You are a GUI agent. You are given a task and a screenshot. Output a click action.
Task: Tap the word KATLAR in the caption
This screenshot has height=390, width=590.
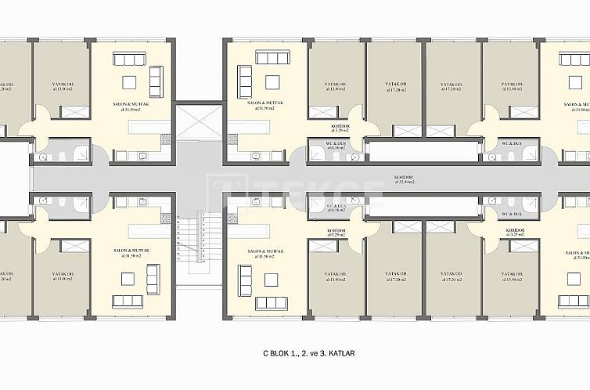(x=341, y=354)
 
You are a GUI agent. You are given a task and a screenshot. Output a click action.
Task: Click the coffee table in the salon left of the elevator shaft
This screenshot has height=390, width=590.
(x=130, y=82)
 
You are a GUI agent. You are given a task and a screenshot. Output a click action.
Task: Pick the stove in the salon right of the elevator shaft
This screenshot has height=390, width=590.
(x=232, y=139)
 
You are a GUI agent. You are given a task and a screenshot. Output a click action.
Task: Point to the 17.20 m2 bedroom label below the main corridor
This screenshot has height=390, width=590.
(x=452, y=276)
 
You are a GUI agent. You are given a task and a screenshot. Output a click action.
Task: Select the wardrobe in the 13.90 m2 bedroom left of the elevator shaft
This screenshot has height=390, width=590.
(x=76, y=112)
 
